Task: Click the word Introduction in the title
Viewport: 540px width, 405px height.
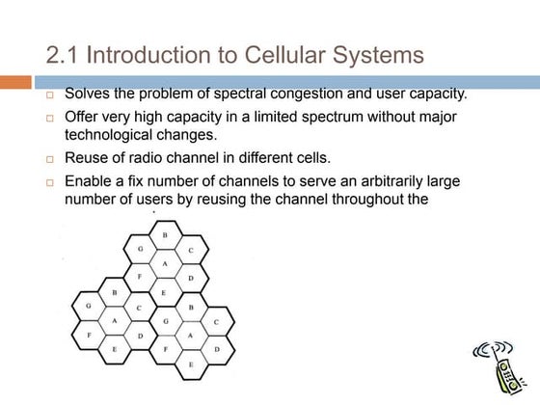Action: point(153,54)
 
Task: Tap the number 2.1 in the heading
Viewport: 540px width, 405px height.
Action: point(65,54)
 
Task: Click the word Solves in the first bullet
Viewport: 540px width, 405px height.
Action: point(88,94)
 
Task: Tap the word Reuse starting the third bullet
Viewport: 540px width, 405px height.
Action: point(87,157)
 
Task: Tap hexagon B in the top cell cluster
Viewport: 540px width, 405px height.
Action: point(165,235)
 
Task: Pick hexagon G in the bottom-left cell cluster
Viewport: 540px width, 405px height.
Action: point(89,306)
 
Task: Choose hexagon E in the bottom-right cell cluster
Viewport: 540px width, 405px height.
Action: point(191,364)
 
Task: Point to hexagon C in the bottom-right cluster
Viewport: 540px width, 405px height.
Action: point(216,321)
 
